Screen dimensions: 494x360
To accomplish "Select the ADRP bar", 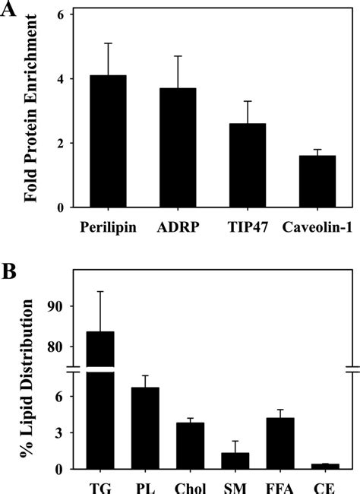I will coord(182,147).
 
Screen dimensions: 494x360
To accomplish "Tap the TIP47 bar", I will coord(251,165).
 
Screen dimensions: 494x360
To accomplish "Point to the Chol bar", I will coord(191,445).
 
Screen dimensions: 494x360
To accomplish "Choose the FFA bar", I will coord(281,443).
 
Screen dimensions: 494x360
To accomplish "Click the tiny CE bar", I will coord(327,466).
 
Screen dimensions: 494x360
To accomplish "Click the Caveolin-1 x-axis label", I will coord(320,227).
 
